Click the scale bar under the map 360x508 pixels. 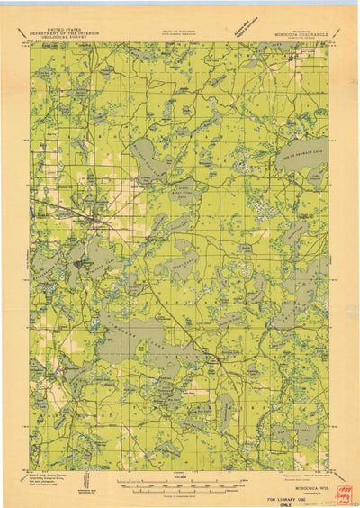click(x=180, y=487)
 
